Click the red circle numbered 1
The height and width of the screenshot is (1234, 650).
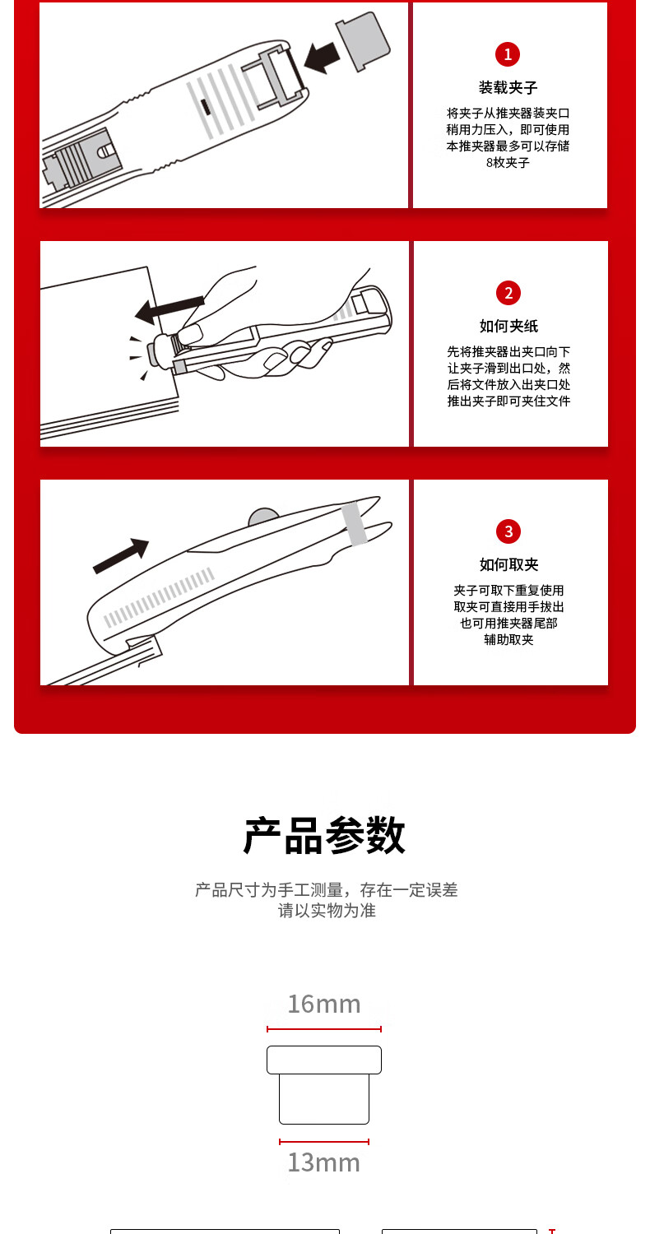coord(508,54)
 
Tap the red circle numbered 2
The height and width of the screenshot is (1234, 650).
coord(508,293)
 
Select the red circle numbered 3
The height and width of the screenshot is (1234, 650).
coord(508,531)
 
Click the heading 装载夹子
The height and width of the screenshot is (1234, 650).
coord(508,87)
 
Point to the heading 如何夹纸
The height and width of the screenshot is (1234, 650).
coord(508,326)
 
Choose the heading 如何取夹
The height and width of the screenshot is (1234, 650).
coord(508,564)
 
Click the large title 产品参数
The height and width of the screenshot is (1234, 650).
coord(324,835)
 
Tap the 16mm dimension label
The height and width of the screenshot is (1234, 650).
coord(324,1004)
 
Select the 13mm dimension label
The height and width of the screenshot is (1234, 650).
coord(324,1162)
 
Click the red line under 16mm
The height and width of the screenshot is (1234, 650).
coord(324,1029)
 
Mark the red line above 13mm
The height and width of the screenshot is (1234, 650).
coord(324,1142)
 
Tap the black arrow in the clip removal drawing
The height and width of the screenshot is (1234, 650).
coord(121,555)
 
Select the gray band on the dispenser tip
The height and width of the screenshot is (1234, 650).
coord(355,524)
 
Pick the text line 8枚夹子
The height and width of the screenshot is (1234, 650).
coord(508,163)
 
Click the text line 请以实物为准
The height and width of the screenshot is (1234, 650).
coord(327,911)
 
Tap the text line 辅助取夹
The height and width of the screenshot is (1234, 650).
coord(508,640)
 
